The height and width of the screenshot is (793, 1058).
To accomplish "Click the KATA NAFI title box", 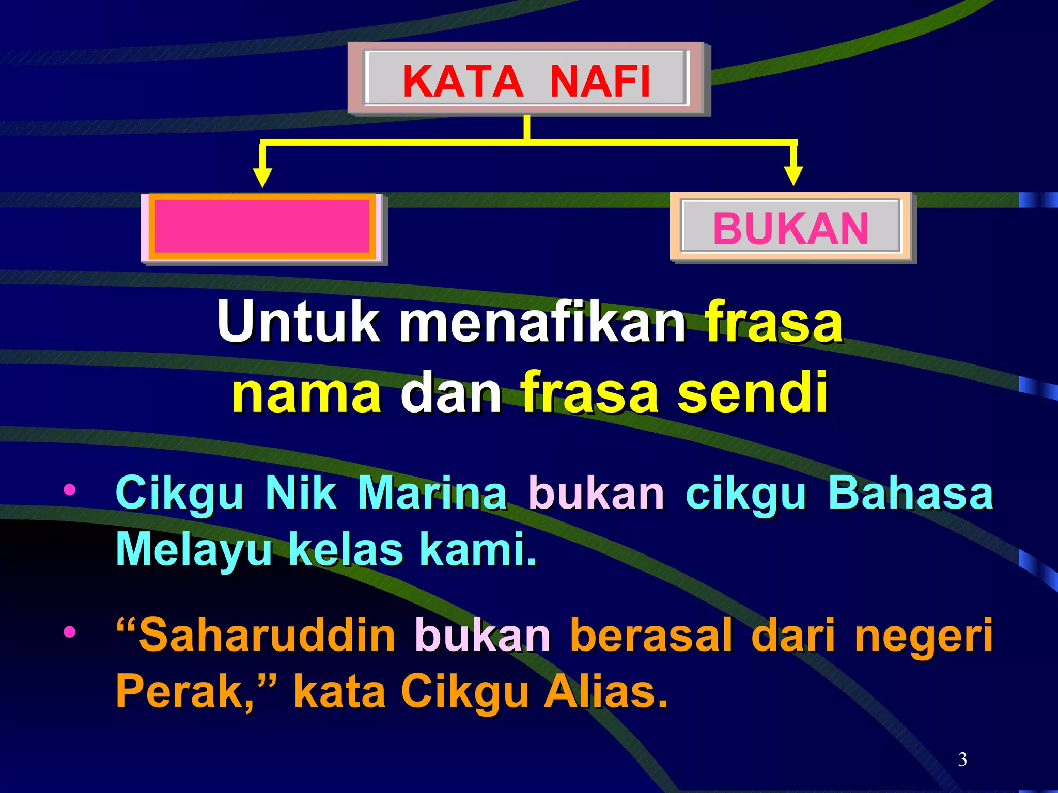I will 527,80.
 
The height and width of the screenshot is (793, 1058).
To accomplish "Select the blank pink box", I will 262,228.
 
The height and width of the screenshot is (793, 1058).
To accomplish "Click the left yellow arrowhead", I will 262,177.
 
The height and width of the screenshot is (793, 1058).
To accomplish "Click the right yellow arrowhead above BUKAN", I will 793,176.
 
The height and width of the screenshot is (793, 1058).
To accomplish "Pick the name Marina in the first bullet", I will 432,493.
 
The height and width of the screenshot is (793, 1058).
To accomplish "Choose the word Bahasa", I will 910,493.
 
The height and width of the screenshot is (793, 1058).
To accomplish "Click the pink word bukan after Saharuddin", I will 483,635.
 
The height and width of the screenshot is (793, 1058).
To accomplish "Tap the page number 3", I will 962,759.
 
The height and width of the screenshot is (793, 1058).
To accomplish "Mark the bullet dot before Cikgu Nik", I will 69,489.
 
